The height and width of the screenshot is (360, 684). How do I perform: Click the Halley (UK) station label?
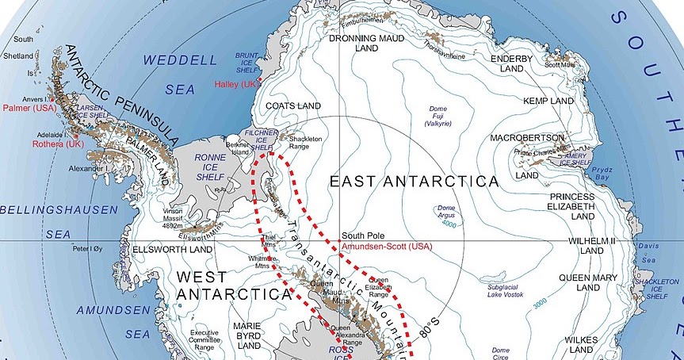[x=235, y=84]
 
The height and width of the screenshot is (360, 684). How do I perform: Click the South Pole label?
[x=364, y=236]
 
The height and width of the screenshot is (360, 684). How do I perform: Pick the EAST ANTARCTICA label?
[x=415, y=182]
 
